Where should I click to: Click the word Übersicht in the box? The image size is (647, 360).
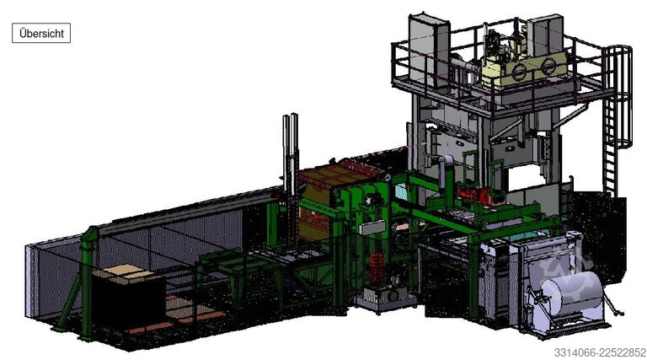(x=41, y=34)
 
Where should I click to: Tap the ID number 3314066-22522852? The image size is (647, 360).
(x=600, y=352)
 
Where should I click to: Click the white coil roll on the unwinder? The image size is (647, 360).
(x=572, y=293)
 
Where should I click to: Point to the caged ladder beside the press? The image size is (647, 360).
(x=616, y=119)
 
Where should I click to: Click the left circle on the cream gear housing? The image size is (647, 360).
(x=519, y=73)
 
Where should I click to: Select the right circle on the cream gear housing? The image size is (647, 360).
(x=548, y=65)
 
